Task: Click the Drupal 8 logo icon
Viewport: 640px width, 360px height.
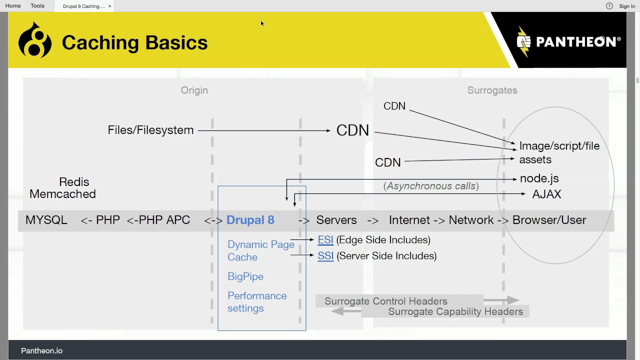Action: click(x=35, y=40)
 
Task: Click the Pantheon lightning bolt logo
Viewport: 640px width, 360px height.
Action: click(x=523, y=41)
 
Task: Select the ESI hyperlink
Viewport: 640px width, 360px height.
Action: click(x=325, y=240)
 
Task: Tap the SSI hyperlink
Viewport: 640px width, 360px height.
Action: click(x=325, y=256)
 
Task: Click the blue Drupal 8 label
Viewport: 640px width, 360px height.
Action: click(x=250, y=220)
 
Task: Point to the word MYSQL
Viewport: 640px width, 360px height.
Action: click(x=46, y=220)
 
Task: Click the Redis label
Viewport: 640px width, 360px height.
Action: click(x=74, y=182)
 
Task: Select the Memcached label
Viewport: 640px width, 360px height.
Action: click(x=62, y=194)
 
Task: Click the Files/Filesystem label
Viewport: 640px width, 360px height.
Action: click(x=150, y=130)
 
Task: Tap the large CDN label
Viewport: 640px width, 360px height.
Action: click(x=352, y=130)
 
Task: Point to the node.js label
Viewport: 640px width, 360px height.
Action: click(x=539, y=178)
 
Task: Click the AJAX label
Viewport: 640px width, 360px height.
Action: click(x=546, y=194)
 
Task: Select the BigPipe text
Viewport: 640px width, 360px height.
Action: click(x=245, y=276)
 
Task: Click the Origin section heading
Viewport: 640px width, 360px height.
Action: click(x=194, y=90)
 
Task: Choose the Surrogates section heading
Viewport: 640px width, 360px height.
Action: click(x=492, y=90)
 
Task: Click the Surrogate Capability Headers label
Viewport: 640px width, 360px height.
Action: click(x=455, y=312)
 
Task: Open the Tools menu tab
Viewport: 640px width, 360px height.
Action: click(x=37, y=6)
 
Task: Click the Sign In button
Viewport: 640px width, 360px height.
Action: click(x=627, y=6)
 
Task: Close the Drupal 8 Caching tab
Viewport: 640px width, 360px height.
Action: click(x=110, y=6)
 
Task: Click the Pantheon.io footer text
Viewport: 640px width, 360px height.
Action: click(x=41, y=351)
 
